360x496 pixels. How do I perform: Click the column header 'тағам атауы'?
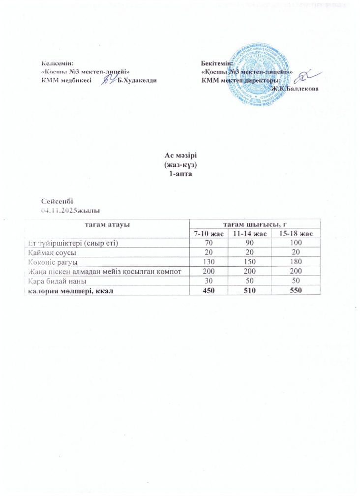pos(106,224)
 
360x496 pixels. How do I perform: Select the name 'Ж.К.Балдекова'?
pos(295,88)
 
